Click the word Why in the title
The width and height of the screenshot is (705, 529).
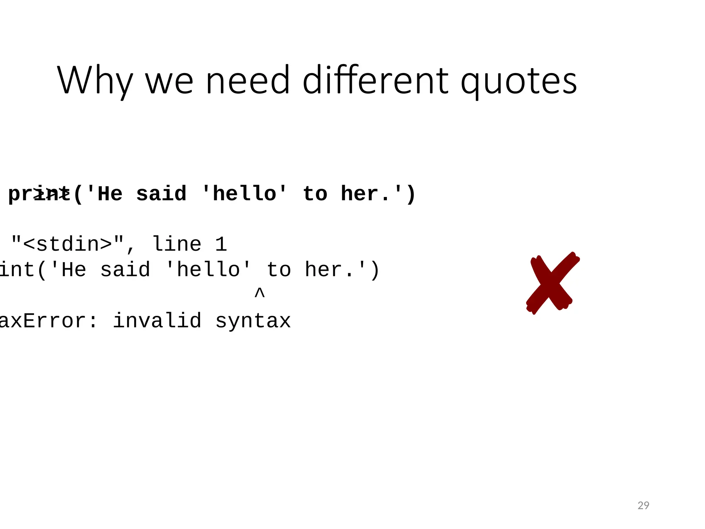[95, 81]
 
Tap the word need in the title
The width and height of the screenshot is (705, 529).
[248, 81]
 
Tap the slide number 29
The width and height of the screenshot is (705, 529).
[643, 505]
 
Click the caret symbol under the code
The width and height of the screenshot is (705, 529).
[260, 293]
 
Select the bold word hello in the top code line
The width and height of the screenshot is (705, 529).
[244, 193]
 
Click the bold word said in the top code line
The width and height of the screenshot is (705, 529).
[161, 193]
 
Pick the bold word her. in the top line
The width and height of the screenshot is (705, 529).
[366, 193]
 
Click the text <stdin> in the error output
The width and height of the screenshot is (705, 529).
[67, 244]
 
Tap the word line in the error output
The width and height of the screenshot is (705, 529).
[177, 244]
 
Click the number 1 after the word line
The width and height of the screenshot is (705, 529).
[221, 244]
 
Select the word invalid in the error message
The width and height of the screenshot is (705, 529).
[157, 320]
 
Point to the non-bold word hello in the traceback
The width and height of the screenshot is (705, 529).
[208, 269]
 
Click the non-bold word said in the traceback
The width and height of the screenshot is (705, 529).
[125, 269]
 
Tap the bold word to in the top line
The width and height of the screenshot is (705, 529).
[315, 193]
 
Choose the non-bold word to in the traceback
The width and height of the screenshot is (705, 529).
[279, 269]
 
